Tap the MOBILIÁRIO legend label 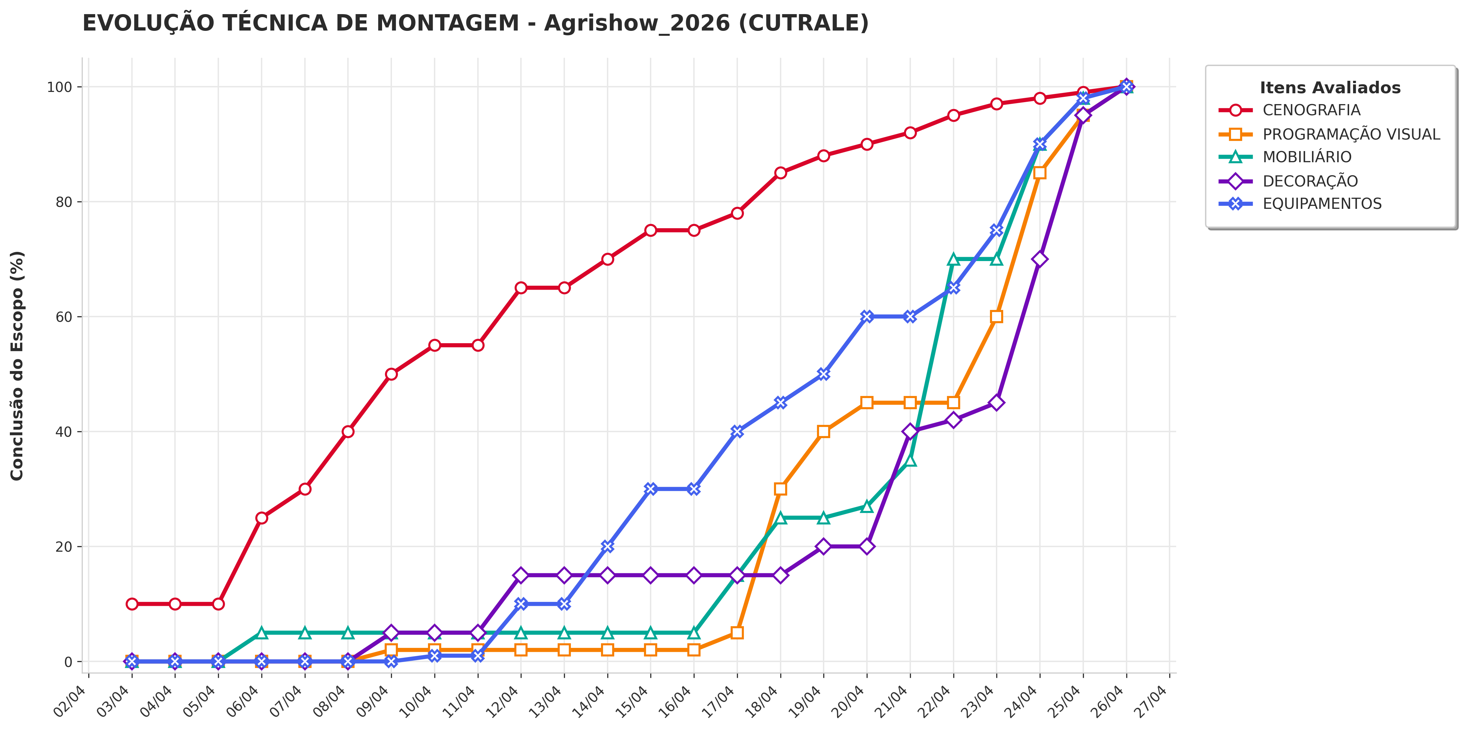tap(1307, 157)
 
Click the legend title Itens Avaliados tap(1330, 88)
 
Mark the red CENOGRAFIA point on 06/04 tap(262, 518)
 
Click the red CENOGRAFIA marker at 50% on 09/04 tap(391, 374)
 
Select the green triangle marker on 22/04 tap(954, 259)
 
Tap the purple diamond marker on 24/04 tap(1040, 259)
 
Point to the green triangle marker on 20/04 tap(867, 506)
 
